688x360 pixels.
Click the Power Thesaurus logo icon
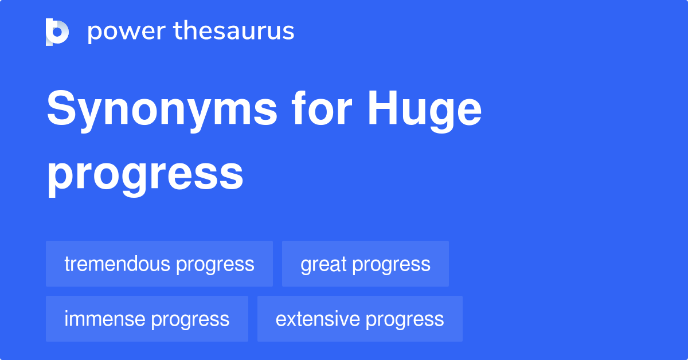(57, 32)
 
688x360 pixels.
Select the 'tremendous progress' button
(159, 264)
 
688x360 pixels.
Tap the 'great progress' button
(365, 264)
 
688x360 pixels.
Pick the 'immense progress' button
(147, 319)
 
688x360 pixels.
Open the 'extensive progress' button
(359, 319)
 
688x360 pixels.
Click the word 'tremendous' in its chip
(117, 264)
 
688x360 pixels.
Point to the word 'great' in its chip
(323, 264)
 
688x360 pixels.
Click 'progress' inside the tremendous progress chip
(215, 264)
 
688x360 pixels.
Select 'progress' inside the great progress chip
(391, 264)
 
